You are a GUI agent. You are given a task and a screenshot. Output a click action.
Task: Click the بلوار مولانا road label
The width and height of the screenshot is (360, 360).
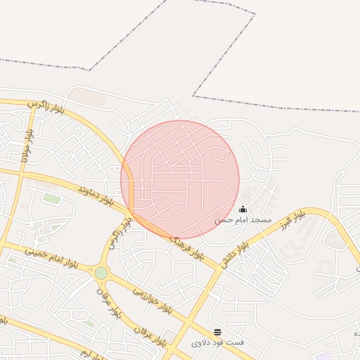pos(27,145)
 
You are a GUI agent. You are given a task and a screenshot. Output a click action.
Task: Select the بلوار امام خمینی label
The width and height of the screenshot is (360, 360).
pos(49,256)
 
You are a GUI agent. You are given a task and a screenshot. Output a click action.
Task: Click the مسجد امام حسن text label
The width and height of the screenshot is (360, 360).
pos(243,220)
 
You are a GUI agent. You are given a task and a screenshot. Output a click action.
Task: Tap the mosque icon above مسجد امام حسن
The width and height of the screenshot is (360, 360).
pos(243,209)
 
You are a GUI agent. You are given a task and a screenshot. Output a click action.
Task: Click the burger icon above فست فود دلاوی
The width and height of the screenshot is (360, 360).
pos(217,331)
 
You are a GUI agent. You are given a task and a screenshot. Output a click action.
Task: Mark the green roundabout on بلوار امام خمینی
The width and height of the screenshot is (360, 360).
pos(101,272)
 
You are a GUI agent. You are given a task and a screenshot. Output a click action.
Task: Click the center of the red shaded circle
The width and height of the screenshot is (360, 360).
pos(180,179)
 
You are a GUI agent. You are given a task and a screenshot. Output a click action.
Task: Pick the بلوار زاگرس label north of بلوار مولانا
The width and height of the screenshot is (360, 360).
pos(46,107)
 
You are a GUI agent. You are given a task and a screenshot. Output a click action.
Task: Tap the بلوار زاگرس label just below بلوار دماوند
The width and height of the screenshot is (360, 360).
pos(118,232)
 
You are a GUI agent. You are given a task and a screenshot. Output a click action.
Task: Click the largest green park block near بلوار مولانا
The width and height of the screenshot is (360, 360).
pos(51,198)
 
